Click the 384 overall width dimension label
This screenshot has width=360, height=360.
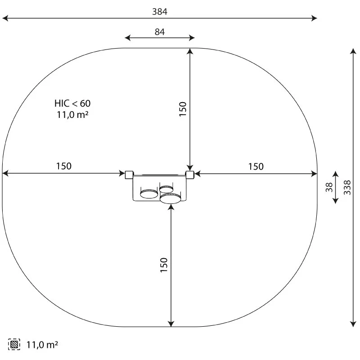160,12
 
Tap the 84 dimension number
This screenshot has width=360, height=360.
160,31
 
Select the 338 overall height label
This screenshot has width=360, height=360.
347,187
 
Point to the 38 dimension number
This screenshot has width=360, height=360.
329,187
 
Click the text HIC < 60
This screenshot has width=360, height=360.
72,103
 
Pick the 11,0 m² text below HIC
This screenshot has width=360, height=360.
72,115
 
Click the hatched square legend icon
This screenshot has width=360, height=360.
14,344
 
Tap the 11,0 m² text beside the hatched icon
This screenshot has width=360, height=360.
42,345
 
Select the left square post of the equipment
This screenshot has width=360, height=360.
129,175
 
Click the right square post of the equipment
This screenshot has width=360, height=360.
190,175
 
